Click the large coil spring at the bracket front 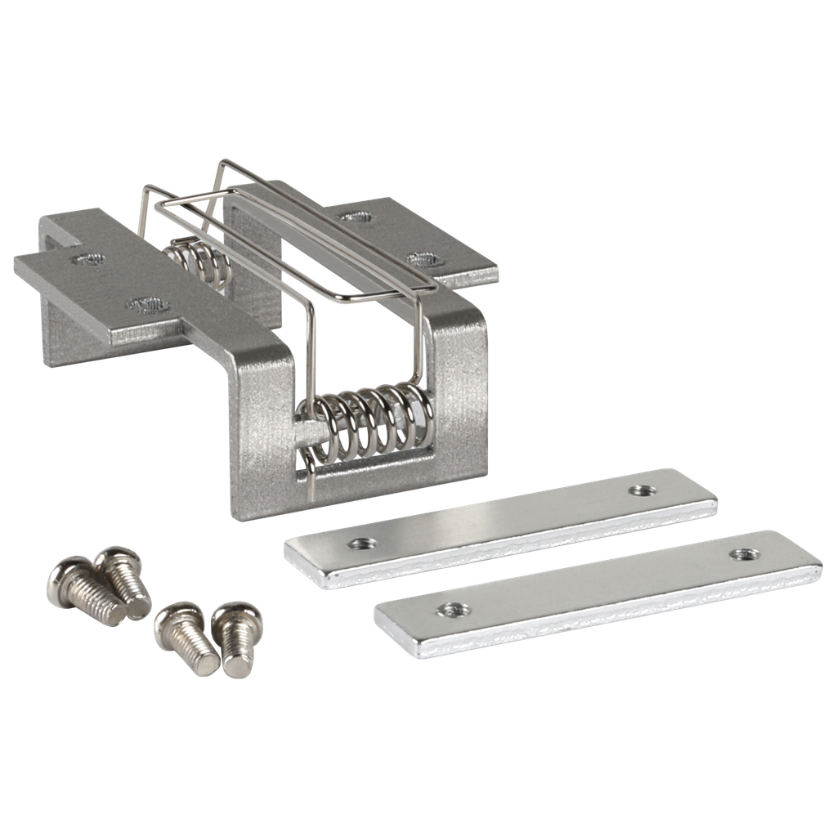368,421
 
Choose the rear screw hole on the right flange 352,217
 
